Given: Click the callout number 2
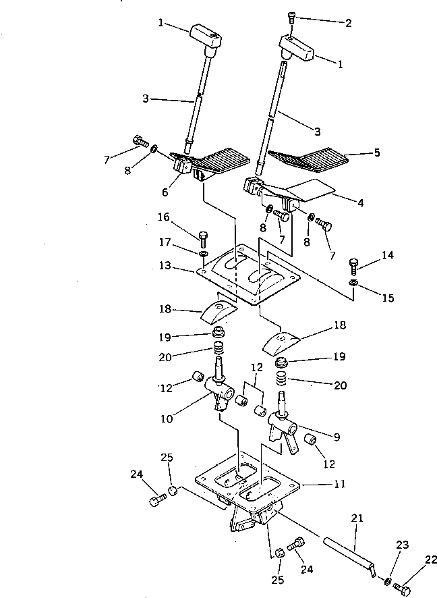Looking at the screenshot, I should click(349, 22).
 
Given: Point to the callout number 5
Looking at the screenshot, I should click(377, 153).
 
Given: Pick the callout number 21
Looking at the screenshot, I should click(357, 518).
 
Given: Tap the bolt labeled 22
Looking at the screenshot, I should click(404, 590).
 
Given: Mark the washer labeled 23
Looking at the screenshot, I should click(390, 580).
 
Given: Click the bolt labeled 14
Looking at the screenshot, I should click(353, 263).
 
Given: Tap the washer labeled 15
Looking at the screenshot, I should click(353, 281).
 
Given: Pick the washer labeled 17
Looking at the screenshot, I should click(203, 254).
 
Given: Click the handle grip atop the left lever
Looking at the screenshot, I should click(205, 35).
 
